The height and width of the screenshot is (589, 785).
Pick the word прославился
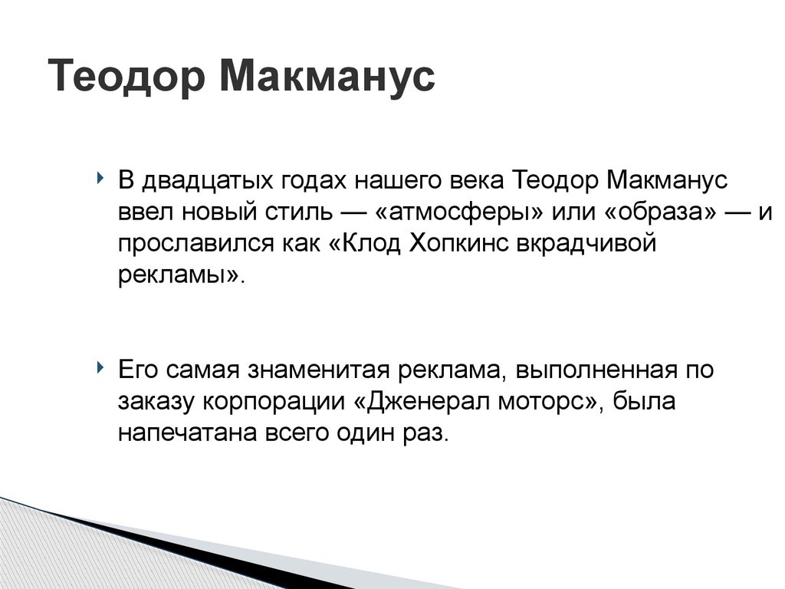tap(197, 244)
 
